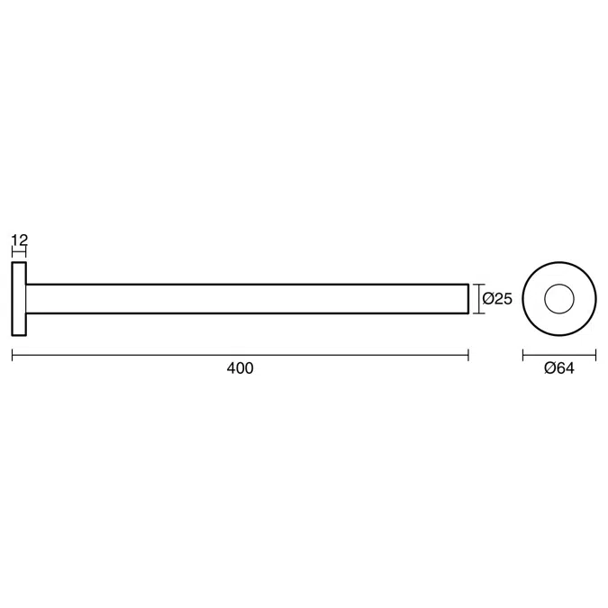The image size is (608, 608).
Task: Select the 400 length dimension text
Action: coord(241,368)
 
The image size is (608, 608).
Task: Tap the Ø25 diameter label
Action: coord(497,299)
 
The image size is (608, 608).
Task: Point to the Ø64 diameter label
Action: coord(559,368)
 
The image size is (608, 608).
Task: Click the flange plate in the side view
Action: coord(19,299)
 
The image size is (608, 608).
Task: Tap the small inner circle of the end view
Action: coord(558,299)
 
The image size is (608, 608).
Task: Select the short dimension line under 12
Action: coord(19,253)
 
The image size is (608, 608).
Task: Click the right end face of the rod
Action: coord(468,299)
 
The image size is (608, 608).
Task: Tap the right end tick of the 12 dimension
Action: coord(26,253)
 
